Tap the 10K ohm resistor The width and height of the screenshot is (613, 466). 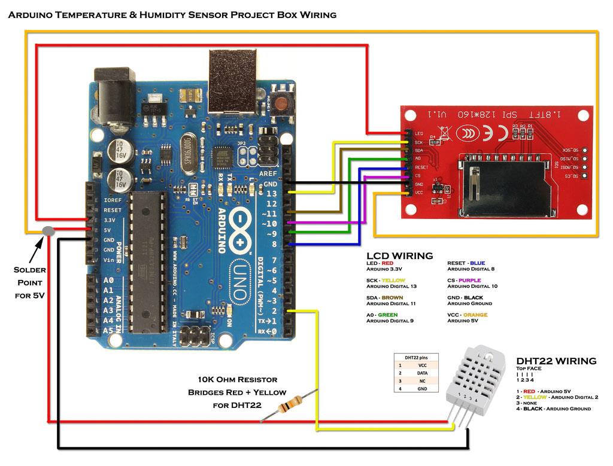(x=287, y=406)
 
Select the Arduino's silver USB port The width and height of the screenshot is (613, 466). (x=232, y=81)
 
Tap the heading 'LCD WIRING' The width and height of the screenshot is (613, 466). (x=399, y=256)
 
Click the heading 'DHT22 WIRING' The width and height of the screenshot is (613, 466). (x=556, y=361)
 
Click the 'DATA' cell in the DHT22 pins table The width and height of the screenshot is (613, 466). (x=423, y=372)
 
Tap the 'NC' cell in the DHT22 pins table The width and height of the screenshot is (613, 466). (x=423, y=380)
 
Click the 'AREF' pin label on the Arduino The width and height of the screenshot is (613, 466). (x=268, y=173)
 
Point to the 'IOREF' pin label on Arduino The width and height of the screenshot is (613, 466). (x=113, y=200)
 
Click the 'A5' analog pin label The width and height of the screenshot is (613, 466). (x=108, y=330)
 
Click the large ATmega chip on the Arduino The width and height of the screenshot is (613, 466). (x=144, y=263)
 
